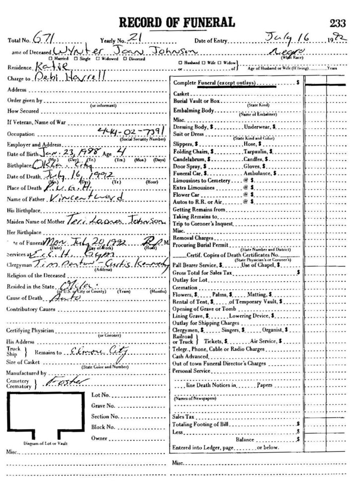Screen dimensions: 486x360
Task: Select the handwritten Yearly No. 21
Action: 132,38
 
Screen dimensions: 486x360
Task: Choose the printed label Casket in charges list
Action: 179,94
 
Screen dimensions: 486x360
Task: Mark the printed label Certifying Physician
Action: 29,330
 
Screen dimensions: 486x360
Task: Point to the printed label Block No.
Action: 103,427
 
